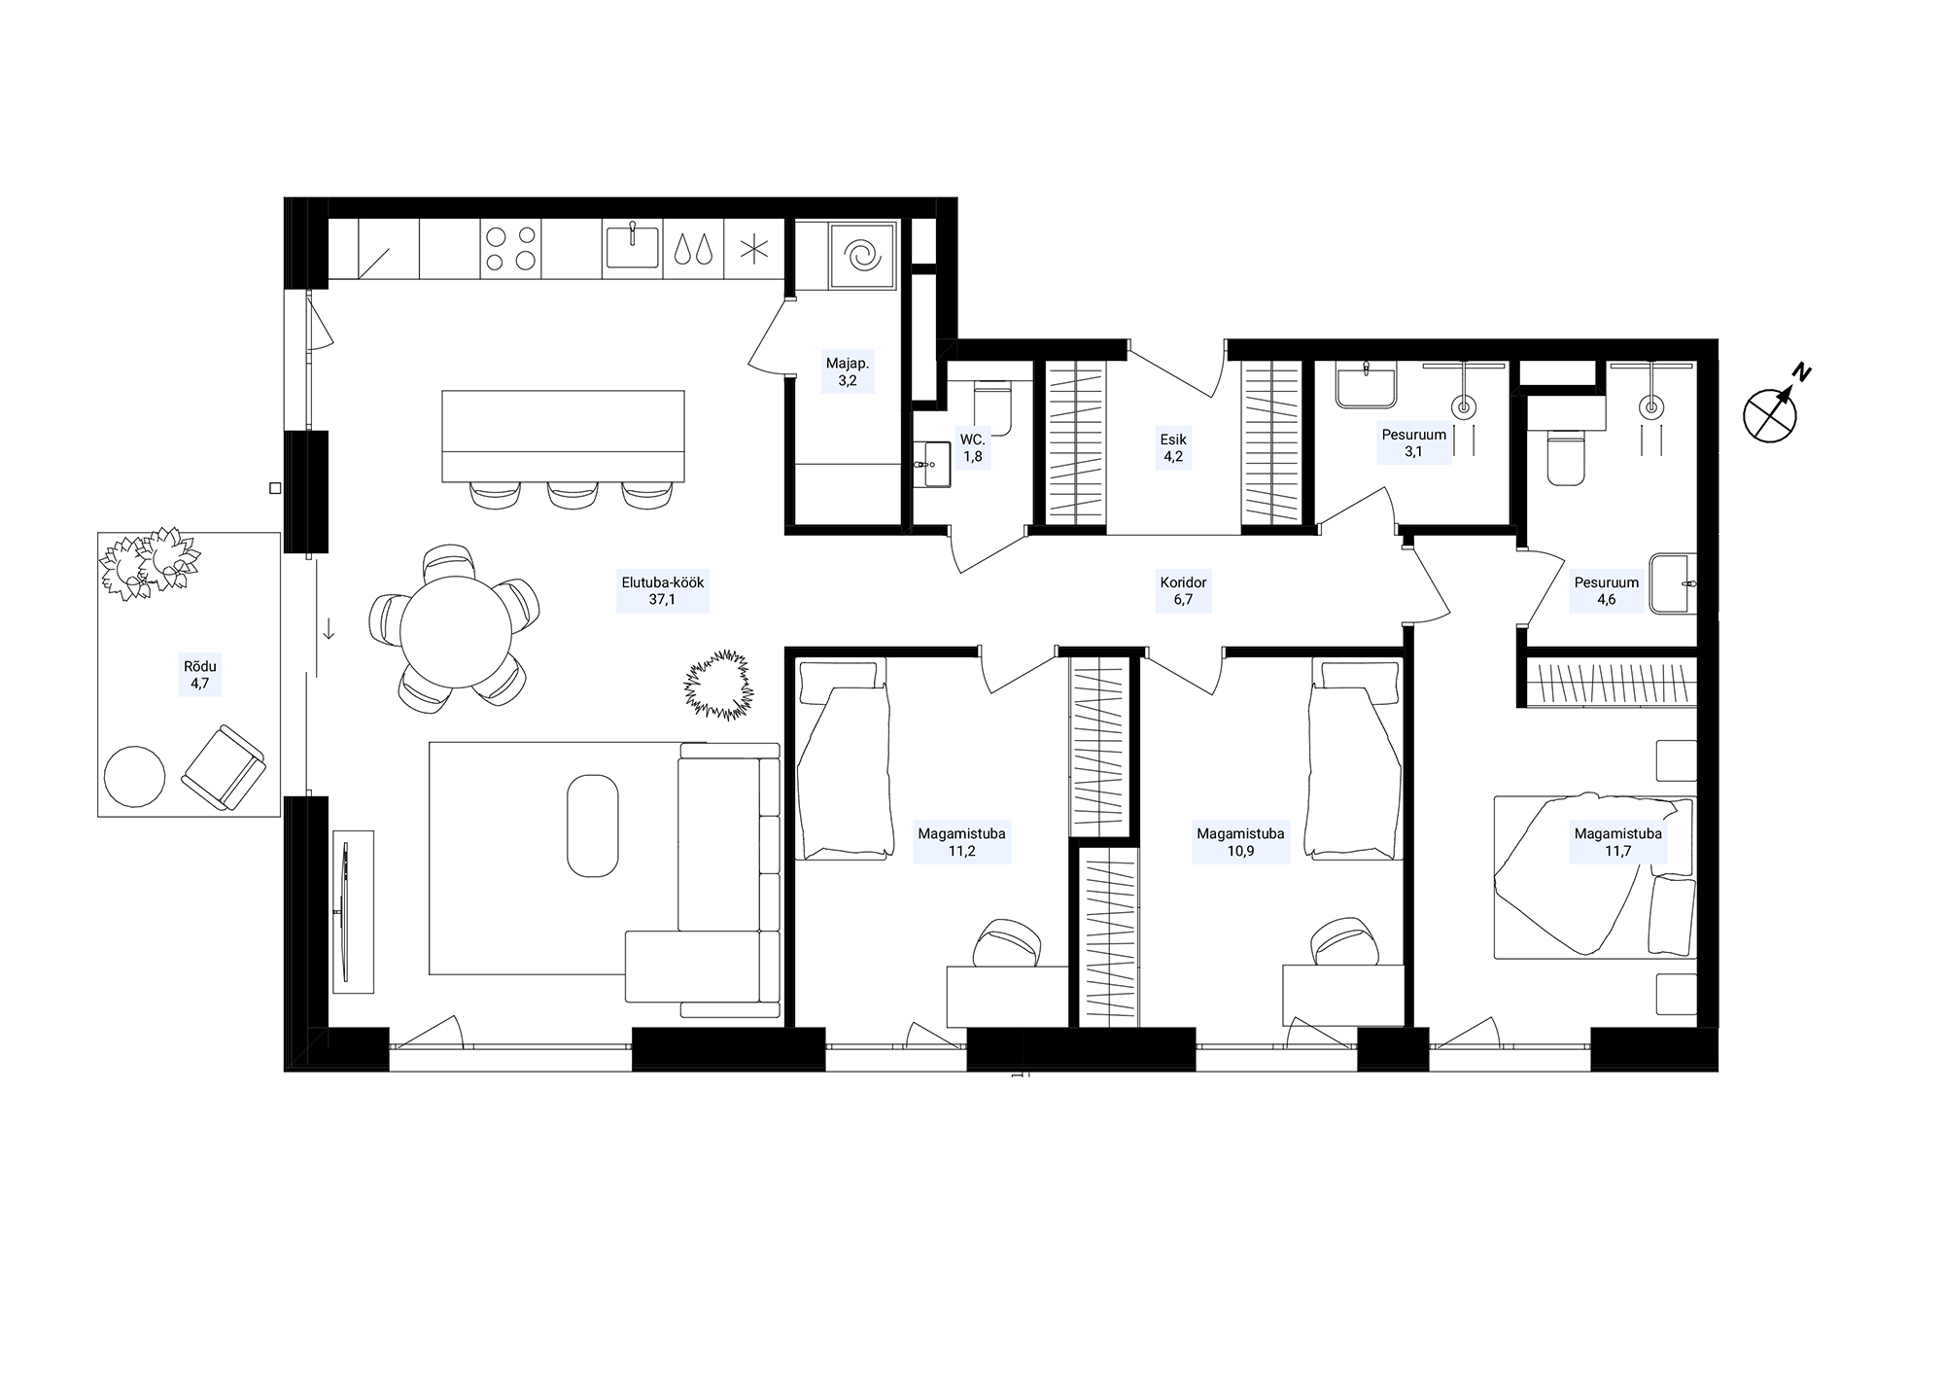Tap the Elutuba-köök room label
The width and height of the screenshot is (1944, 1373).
[663, 591]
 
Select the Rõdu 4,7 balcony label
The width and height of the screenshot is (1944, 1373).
[200, 675]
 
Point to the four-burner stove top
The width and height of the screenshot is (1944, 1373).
[511, 247]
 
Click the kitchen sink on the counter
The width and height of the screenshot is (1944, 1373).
[632, 246]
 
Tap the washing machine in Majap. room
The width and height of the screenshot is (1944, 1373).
[862, 256]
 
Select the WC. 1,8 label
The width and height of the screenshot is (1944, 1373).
[972, 448]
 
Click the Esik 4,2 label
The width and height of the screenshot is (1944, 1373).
[1173, 448]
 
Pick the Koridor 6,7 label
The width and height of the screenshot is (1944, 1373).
[1183, 591]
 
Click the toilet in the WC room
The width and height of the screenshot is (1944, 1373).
[992, 410]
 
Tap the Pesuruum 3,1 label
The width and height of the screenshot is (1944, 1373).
[1414, 443]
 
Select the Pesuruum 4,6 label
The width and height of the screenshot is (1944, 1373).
[1607, 591]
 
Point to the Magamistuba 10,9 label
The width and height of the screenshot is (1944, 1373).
[1240, 842]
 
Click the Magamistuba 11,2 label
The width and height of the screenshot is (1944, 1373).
[962, 842]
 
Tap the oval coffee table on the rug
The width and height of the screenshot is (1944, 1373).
[592, 826]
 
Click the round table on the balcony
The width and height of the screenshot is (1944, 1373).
[134, 776]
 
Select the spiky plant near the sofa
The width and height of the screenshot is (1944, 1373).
[718, 686]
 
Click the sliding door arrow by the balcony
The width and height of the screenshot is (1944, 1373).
[330, 629]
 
